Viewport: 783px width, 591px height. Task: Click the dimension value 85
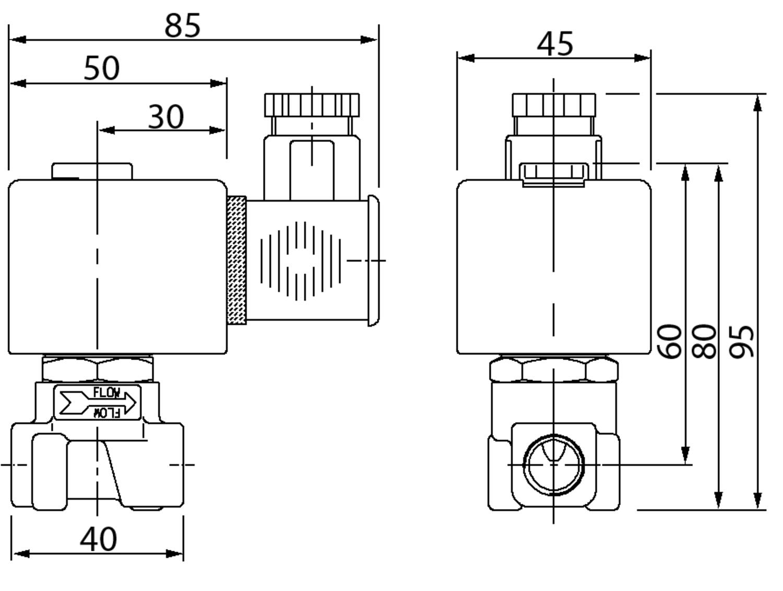point(182,25)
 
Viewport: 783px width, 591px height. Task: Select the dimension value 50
point(102,68)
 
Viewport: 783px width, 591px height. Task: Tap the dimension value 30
point(166,116)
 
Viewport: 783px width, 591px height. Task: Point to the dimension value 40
point(98,539)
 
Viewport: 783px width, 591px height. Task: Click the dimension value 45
point(555,44)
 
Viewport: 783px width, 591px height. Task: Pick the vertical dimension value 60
point(669,341)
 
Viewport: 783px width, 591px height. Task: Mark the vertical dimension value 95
point(742,341)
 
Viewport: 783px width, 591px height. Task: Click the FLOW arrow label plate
point(98,403)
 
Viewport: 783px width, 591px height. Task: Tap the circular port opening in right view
point(554,464)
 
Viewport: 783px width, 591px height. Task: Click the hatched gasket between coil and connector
point(236,260)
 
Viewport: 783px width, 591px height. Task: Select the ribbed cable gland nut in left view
point(312,105)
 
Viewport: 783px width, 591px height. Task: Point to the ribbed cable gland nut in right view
point(554,105)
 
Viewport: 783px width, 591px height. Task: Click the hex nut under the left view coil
point(98,370)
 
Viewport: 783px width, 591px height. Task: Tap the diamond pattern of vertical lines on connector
point(301,261)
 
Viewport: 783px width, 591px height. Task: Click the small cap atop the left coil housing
point(92,171)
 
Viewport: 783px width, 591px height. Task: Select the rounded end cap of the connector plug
point(373,261)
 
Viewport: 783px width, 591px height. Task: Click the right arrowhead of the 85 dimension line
point(369,40)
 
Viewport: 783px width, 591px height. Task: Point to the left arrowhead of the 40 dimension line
point(19,553)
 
